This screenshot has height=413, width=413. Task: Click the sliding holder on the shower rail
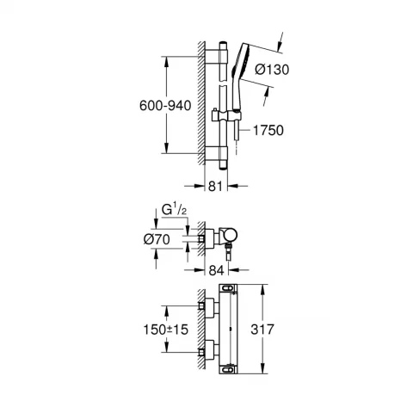coord(226,116)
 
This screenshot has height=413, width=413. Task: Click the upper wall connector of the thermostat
coord(206,305)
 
